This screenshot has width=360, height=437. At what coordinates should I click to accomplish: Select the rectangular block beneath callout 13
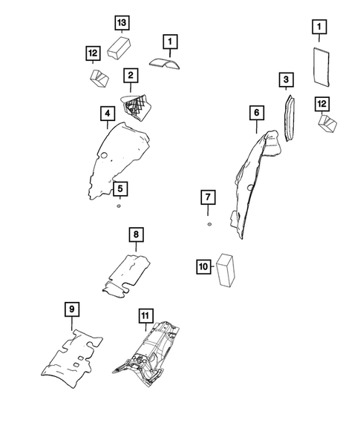(x=120, y=49)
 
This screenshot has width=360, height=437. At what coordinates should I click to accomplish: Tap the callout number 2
(x=130, y=75)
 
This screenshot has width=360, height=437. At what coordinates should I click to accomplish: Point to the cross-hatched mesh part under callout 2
(x=137, y=108)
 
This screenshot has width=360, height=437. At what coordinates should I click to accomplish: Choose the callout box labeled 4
(x=108, y=114)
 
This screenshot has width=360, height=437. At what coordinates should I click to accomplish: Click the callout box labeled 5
(x=119, y=188)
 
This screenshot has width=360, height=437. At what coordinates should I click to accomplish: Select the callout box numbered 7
(x=209, y=197)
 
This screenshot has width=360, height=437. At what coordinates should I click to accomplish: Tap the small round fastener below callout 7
(x=209, y=223)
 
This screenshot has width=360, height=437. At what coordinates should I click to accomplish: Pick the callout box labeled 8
(x=136, y=234)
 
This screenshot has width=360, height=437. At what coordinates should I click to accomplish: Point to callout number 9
(x=71, y=309)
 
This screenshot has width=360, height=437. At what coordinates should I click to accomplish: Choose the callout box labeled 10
(x=203, y=265)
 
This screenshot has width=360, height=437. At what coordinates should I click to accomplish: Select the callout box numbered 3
(x=286, y=79)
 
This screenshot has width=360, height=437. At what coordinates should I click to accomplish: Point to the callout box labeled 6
(x=256, y=113)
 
